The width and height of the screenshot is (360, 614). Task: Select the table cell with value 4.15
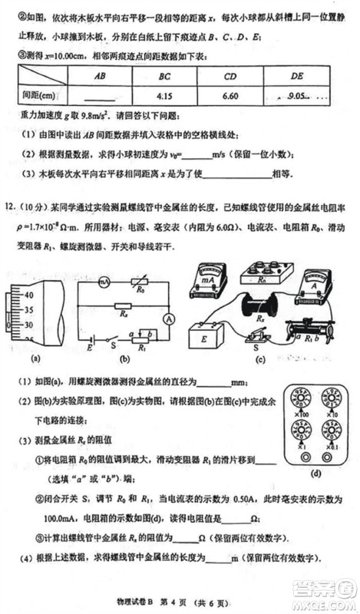[163, 97]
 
